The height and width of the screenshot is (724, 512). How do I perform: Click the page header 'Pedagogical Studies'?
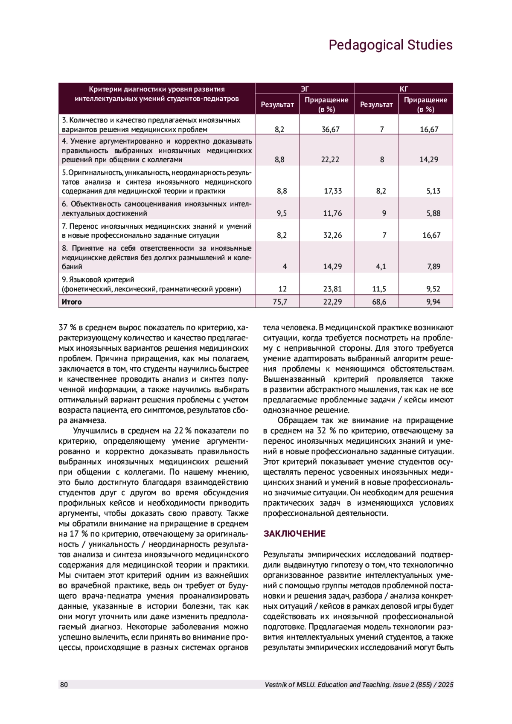click(390, 45)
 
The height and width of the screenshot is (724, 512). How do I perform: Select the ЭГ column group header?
click(305, 89)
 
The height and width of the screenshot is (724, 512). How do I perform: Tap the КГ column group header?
click(404, 89)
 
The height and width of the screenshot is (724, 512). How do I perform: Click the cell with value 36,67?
click(331, 129)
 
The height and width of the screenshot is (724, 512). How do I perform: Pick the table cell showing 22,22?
click(331, 160)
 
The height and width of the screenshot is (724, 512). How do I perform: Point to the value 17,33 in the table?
click(333, 191)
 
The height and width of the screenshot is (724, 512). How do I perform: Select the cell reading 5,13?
click(433, 191)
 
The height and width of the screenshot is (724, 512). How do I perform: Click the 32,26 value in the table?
click(333, 235)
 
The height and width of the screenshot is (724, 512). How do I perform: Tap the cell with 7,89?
click(433, 267)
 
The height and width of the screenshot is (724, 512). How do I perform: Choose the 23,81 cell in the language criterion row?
click(333, 289)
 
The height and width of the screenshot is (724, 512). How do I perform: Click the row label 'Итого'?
click(72, 302)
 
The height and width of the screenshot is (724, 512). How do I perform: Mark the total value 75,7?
click(280, 302)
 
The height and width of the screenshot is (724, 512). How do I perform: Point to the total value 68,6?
click(379, 302)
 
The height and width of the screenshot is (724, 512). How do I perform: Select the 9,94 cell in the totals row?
click(433, 302)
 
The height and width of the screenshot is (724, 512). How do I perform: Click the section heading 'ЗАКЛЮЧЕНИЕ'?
click(294, 534)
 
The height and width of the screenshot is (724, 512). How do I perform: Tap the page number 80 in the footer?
click(64, 685)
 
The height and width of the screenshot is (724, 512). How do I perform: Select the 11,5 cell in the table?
click(379, 289)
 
